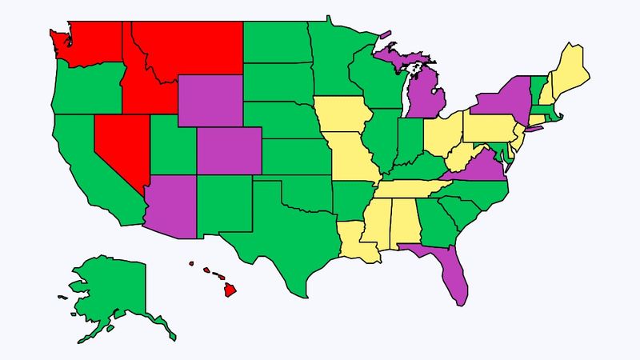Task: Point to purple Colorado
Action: (x=228, y=150)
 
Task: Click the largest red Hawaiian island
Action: (x=230, y=290)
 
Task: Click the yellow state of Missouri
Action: (x=352, y=160)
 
